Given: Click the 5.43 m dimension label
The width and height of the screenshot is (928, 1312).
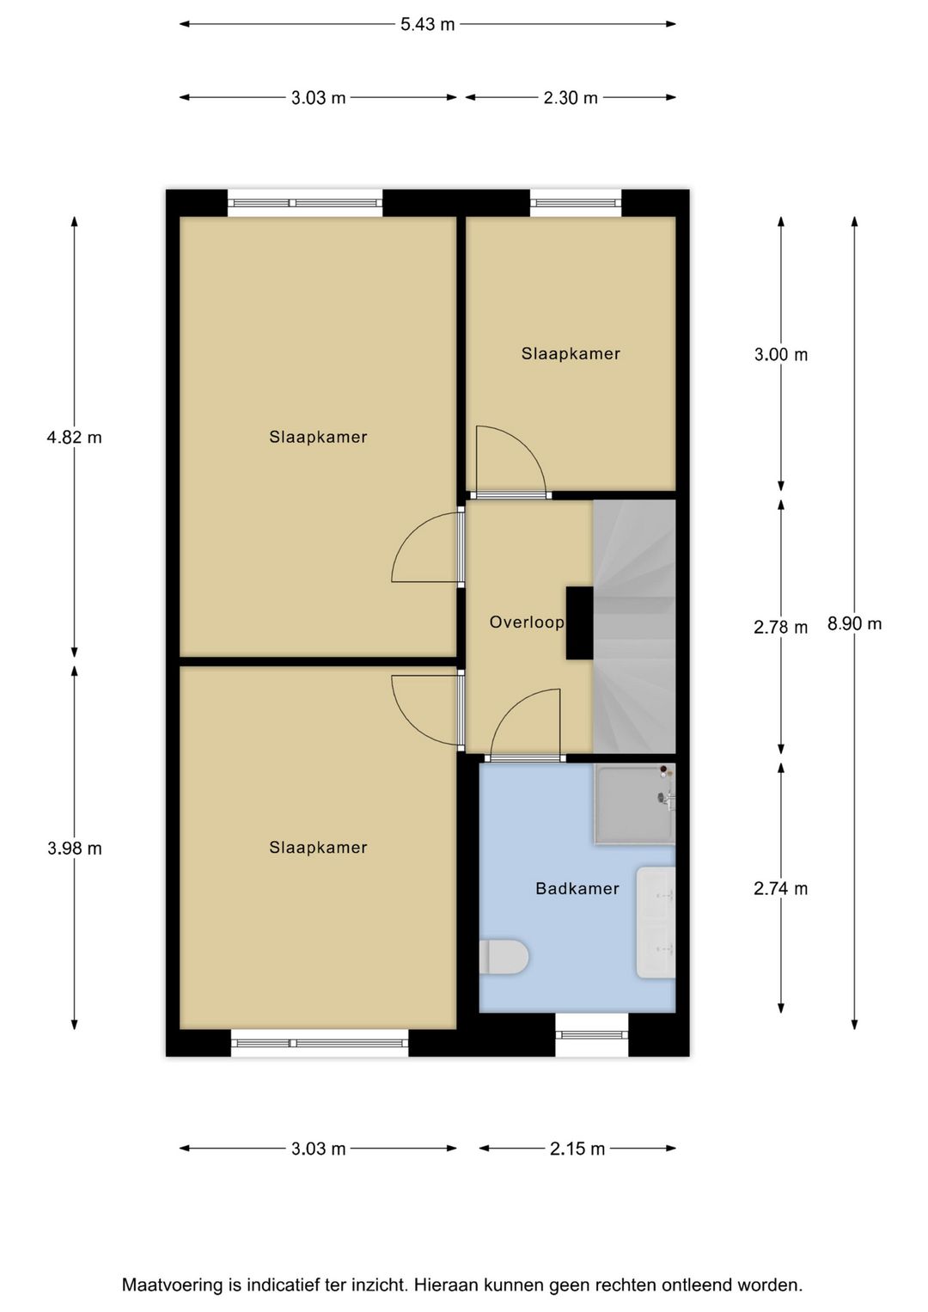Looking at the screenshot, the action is coord(427,25).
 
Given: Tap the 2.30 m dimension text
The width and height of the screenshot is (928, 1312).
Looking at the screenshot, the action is coord(571,98).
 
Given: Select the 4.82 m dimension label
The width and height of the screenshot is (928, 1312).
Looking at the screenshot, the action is coord(75,438).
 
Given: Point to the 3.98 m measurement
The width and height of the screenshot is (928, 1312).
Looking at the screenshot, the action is coord(75,848).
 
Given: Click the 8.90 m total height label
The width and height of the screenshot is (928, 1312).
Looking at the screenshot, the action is coord(854,624).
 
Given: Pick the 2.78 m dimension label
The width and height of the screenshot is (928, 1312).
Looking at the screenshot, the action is coord(780,628).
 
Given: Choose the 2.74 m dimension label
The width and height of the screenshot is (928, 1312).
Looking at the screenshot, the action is coord(780,888).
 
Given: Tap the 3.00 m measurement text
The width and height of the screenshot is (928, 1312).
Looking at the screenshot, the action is coord(780,354).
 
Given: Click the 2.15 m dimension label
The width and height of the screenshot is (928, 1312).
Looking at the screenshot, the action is coord(577,1149).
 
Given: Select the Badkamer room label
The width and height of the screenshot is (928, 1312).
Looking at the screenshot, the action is coord(577,888).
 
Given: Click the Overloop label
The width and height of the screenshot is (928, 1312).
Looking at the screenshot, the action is coord(527,622).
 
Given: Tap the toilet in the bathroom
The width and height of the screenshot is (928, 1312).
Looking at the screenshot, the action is coord(504,956).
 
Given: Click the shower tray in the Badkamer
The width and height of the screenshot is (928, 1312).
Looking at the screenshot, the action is coord(635,804).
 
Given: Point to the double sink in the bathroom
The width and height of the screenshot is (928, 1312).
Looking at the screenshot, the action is coord(656,923).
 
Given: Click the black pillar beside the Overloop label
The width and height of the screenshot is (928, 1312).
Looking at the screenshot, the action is coord(580,623).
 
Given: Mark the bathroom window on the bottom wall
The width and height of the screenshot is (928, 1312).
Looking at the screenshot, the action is coord(591,1034).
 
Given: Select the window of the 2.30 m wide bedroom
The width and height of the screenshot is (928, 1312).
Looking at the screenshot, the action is coord(576,203).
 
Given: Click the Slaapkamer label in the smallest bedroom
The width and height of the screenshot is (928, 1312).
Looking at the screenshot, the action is coord(571,353).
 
